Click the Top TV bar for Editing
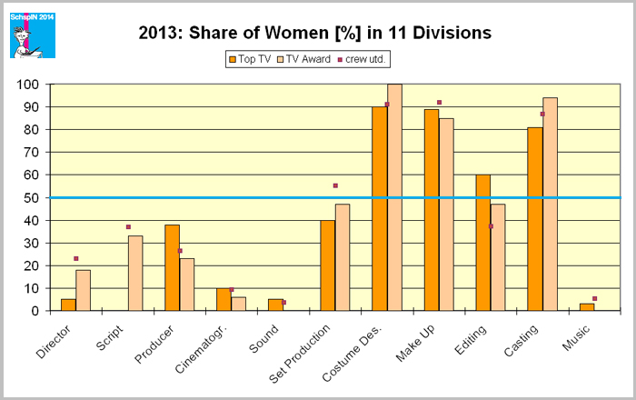482,243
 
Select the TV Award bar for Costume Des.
394,197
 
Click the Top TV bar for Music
587,307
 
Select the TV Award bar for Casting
550,205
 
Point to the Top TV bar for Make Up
431,210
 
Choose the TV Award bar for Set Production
342,257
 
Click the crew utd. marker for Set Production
335,185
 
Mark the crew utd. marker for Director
76,259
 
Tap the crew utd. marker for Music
594,298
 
